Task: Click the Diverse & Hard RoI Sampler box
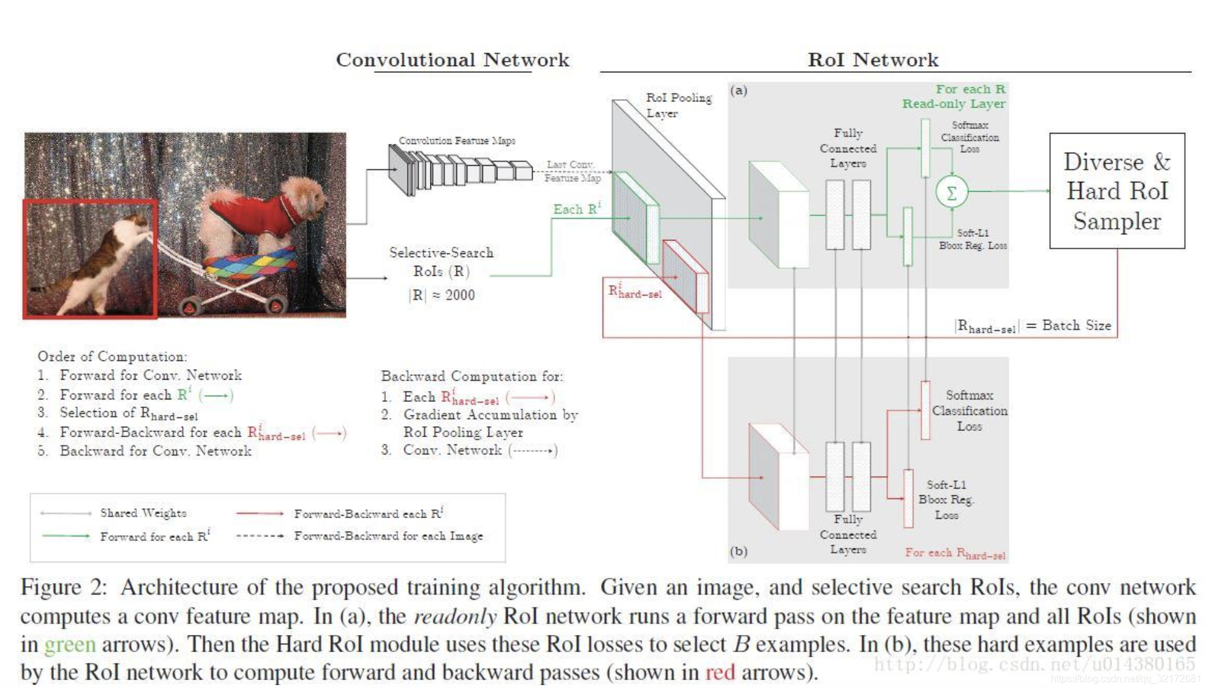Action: click(1116, 191)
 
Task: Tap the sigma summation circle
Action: click(951, 192)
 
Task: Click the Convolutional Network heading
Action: click(452, 60)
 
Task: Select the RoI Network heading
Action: click(873, 60)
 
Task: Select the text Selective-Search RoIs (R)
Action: click(441, 262)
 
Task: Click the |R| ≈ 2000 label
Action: click(442, 295)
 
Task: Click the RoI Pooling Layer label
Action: click(678, 105)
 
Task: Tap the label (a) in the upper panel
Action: click(738, 91)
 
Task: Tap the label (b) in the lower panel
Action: click(738, 551)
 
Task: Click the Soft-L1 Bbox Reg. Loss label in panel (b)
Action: click(946, 500)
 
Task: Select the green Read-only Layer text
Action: click(953, 104)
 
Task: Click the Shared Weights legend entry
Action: click(143, 513)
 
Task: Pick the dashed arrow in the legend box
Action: click(260, 536)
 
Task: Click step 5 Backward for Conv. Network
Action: click(155, 451)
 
